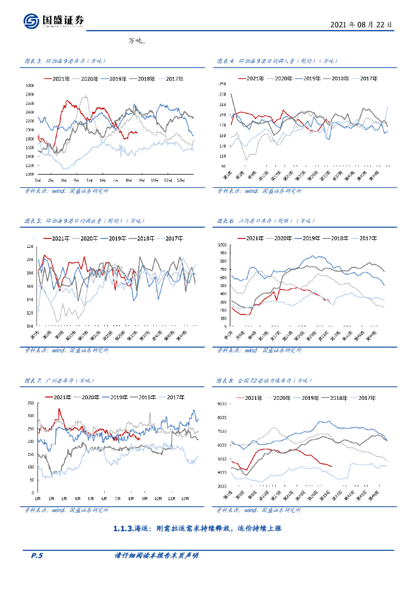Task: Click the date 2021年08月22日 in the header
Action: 362,25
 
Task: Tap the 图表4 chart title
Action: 277,60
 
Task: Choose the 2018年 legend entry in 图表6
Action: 339,238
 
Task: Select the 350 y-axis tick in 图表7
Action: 31,400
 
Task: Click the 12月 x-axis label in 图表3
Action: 180,180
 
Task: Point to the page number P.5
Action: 36,555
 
